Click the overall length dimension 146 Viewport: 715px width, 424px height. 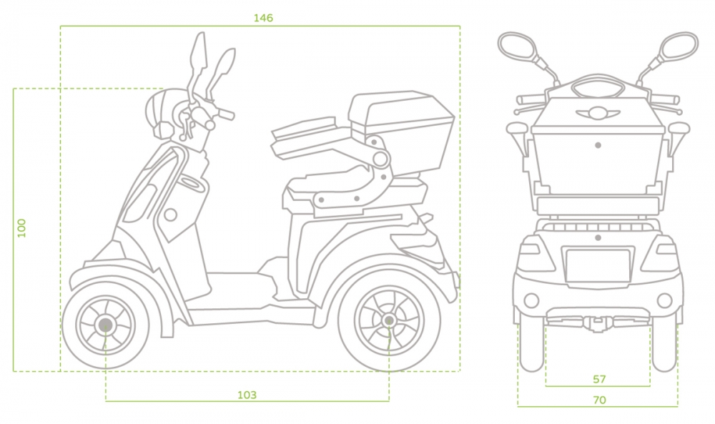point(263,17)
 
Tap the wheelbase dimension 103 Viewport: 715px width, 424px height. point(246,395)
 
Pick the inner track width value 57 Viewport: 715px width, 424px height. point(598,379)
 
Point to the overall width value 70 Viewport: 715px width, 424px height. point(598,400)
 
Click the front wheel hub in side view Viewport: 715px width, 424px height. point(106,325)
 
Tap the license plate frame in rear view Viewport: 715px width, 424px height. point(598,265)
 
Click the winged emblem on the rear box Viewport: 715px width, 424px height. point(598,112)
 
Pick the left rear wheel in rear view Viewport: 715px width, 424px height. point(531,347)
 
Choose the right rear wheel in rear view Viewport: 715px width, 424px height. point(665,347)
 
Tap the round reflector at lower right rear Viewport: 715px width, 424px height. point(664,300)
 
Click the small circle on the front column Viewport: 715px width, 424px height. point(170,214)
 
